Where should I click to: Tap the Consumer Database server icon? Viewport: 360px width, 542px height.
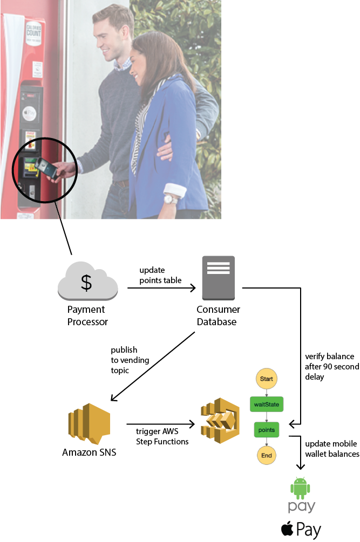(x=218, y=278)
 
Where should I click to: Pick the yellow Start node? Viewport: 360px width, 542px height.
(x=266, y=379)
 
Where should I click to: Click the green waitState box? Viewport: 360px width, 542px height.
(x=266, y=403)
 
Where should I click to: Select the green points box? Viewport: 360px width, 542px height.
(x=266, y=430)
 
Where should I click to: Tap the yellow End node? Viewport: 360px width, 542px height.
(x=266, y=455)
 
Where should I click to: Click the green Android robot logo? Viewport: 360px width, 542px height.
(x=300, y=489)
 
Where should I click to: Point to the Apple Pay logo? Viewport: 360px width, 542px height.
(x=301, y=529)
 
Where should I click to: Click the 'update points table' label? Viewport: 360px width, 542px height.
(x=160, y=275)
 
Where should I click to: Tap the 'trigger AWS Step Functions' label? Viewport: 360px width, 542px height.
(x=161, y=437)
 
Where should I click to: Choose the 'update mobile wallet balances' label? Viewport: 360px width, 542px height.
(x=331, y=449)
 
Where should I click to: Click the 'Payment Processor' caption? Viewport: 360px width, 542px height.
(x=87, y=315)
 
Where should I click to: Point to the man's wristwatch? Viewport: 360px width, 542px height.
(x=169, y=199)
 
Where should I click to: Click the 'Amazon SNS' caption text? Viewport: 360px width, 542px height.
(x=89, y=452)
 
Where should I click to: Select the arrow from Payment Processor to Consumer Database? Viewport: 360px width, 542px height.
(x=161, y=289)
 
